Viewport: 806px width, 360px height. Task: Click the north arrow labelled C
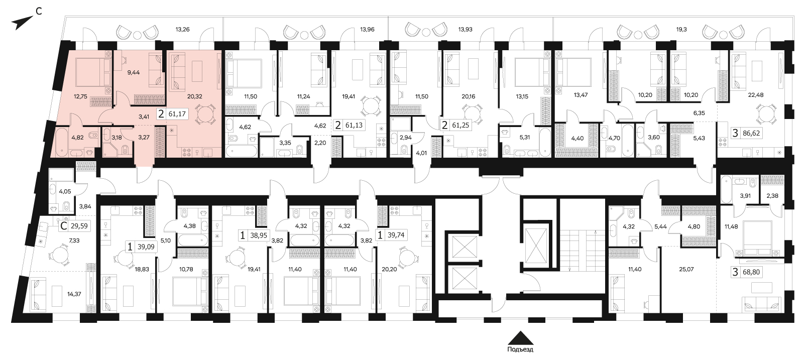tap(22, 22)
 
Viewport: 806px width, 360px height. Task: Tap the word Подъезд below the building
tap(520, 349)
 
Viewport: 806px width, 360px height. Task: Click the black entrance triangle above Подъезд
tap(520, 338)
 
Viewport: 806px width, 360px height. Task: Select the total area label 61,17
tap(177, 114)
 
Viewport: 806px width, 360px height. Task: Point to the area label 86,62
tap(751, 133)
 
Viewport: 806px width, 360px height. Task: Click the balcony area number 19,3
tap(681, 30)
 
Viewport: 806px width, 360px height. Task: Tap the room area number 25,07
tap(686, 269)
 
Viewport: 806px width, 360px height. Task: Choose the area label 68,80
tap(751, 272)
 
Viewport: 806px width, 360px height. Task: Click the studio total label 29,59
tap(79, 226)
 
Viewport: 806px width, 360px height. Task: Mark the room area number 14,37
tap(74, 294)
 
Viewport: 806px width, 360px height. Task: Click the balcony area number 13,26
tap(182, 30)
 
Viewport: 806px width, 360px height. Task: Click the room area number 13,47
tap(581, 95)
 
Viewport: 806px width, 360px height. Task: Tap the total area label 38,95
tap(258, 235)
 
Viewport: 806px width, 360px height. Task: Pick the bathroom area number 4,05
tap(65, 191)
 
